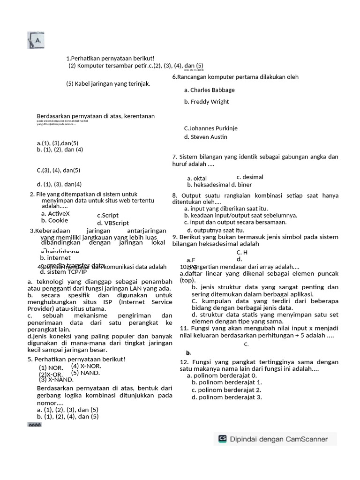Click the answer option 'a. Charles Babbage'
pos(209,90)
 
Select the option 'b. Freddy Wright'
pos(206,102)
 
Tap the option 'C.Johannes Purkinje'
pos(210,128)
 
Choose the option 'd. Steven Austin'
pos(205,137)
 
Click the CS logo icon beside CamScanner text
pos(222,439)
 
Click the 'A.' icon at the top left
pos(36,40)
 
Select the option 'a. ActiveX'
pos(55,213)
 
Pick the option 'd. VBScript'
pos(113,223)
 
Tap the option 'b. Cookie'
pos(54,220)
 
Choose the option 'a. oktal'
pos(197,179)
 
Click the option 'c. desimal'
pos(250,177)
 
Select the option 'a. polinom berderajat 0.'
pos(222,375)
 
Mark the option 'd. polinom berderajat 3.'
pos(226,397)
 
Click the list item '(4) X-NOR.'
pos(86,366)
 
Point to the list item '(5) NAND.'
pos(85,373)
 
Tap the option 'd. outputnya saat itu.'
pos(215,230)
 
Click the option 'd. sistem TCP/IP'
pos(63,272)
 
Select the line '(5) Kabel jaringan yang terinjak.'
pos(108,84)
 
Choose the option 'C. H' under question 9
pos(242,253)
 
